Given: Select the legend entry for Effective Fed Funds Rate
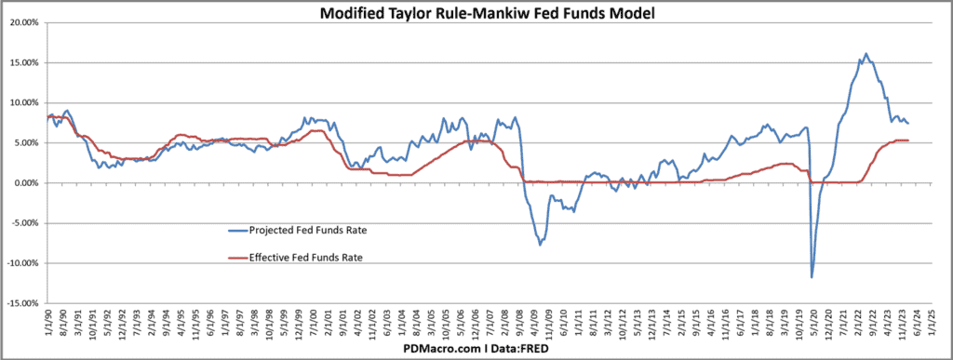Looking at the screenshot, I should [x=294, y=258].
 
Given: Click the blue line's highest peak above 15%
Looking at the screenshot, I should [x=866, y=54].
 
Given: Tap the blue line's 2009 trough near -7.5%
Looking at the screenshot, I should [x=540, y=245].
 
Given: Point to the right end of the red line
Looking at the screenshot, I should [x=908, y=140].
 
